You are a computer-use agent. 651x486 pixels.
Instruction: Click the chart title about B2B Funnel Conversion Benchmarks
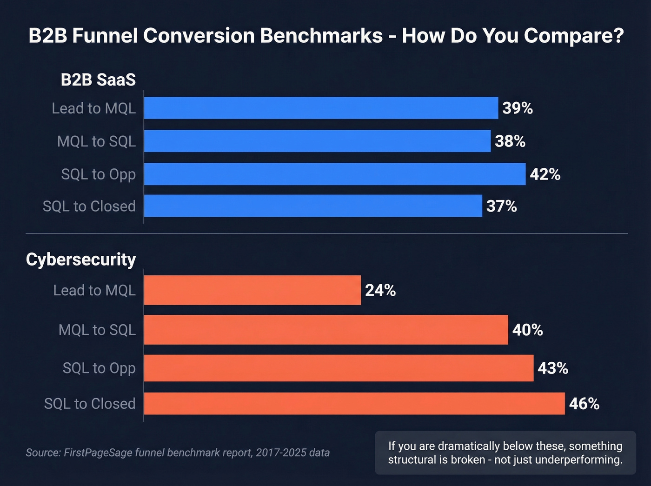[x=325, y=36]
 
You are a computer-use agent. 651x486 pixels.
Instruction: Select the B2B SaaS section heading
[x=98, y=80]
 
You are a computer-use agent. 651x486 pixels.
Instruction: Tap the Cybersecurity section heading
[x=81, y=259]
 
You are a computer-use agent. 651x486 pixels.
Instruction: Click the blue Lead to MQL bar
[x=321, y=108]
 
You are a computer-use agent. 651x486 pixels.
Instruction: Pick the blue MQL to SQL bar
[x=317, y=141]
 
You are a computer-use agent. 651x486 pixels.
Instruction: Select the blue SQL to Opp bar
[x=334, y=174]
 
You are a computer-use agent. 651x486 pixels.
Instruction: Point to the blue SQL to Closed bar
[x=313, y=206]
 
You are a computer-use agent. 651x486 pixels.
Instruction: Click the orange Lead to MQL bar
[x=252, y=290]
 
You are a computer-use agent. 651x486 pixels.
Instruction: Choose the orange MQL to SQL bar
[x=325, y=330]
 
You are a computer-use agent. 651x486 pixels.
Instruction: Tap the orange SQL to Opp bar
[x=339, y=368]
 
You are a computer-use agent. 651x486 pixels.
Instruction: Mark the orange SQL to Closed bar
[x=354, y=403]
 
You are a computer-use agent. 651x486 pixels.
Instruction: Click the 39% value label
[x=518, y=108]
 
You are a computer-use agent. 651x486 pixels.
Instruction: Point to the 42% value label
[x=545, y=174]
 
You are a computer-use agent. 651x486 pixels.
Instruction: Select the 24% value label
[x=380, y=290]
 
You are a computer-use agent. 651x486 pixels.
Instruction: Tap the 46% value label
[x=584, y=403]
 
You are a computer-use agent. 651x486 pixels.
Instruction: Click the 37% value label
[x=501, y=206]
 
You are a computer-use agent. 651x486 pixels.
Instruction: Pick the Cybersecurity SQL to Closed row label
[x=90, y=403]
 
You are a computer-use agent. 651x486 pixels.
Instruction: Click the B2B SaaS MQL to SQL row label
[x=96, y=141]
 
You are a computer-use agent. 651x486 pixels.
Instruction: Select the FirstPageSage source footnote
[x=178, y=453]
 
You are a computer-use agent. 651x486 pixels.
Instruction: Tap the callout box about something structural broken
[x=505, y=453]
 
